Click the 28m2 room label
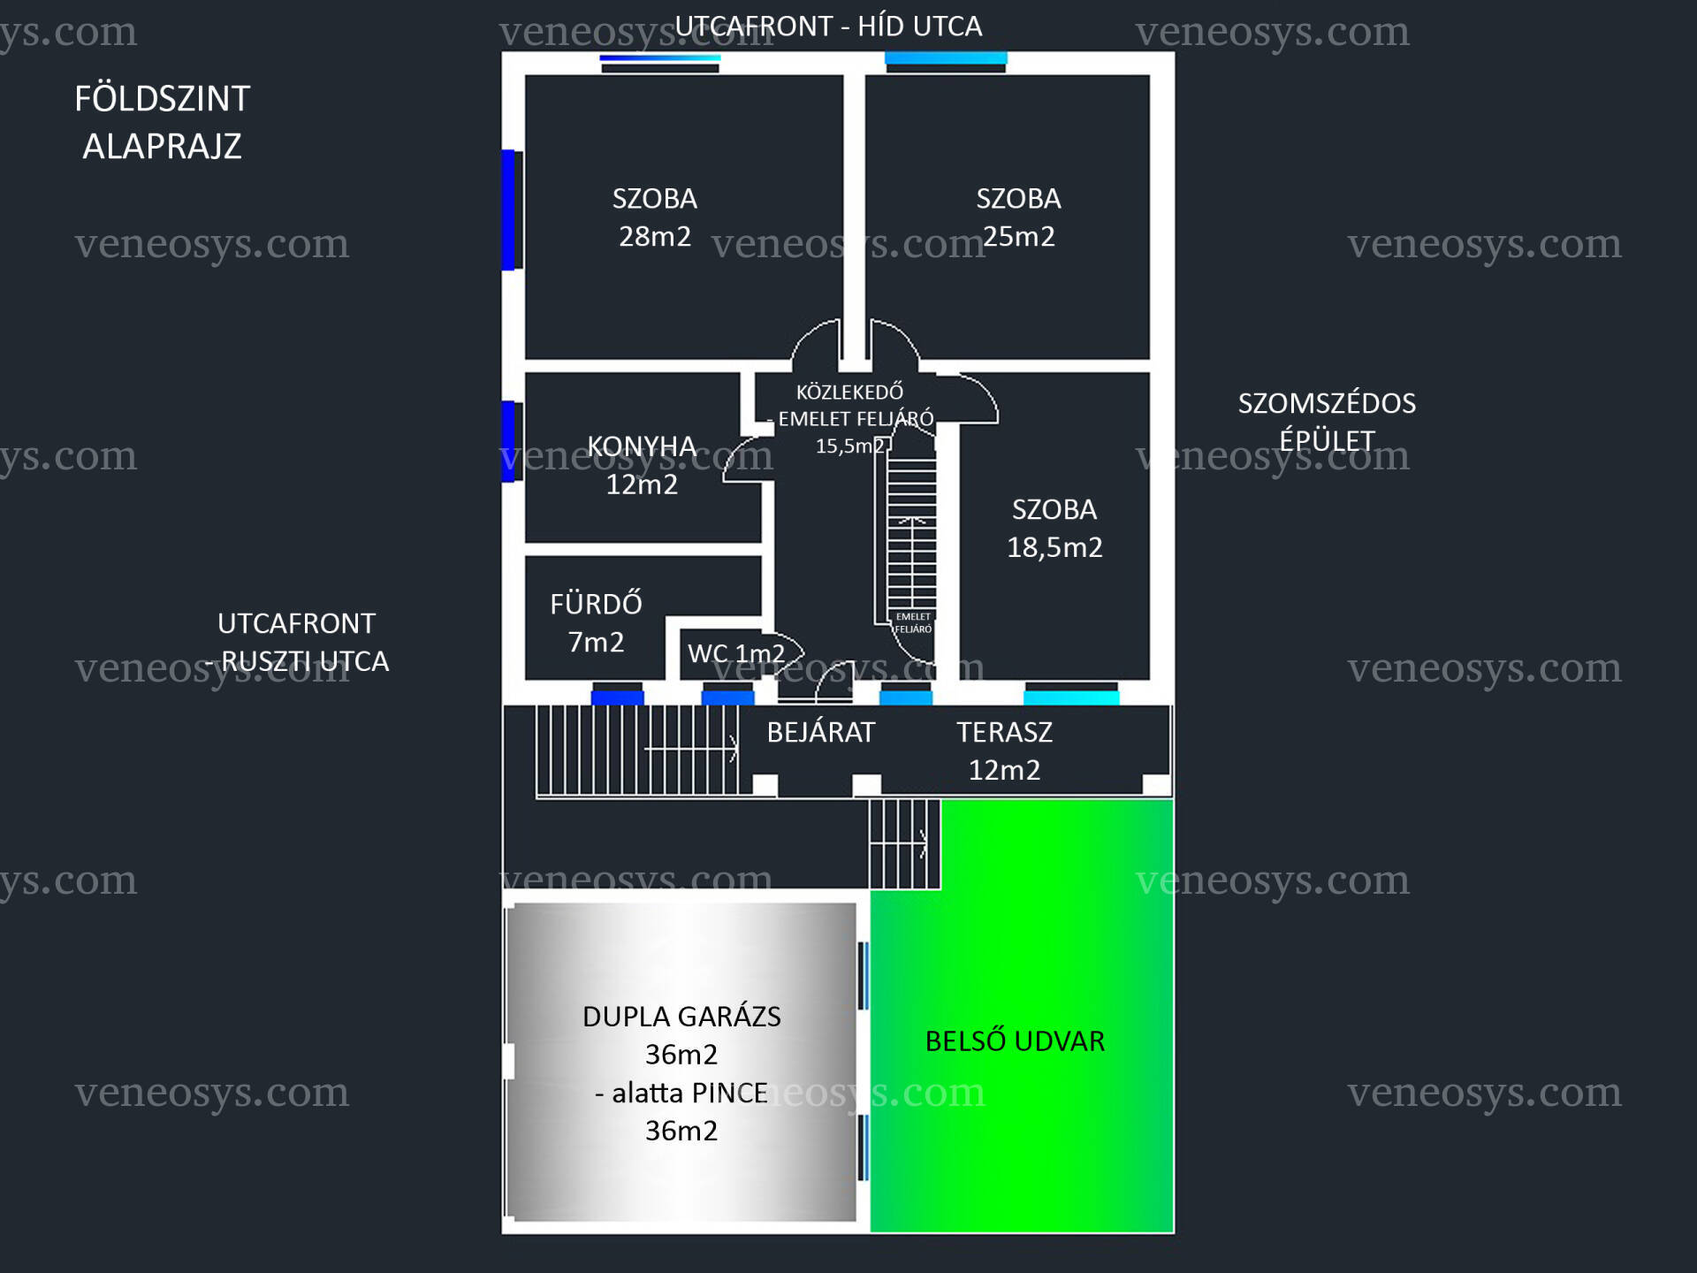click(x=655, y=236)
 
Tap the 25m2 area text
click(x=1019, y=236)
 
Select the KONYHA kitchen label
click(x=643, y=446)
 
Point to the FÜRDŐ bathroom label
click(x=596, y=603)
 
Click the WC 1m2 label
click(x=736, y=653)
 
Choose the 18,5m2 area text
click(x=1054, y=547)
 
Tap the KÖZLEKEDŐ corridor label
click(x=849, y=392)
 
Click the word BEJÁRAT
click(x=821, y=732)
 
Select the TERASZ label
click(x=1005, y=732)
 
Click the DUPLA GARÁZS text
click(x=681, y=1017)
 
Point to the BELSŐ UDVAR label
click(x=1015, y=1041)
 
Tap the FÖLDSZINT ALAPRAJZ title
click(x=163, y=122)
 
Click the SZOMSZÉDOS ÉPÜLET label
click(x=1327, y=422)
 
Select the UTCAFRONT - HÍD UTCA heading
click(x=828, y=27)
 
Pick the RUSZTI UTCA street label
click(x=305, y=661)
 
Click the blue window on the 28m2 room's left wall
click(x=508, y=210)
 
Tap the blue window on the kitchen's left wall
click(x=508, y=441)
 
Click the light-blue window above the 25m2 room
click(x=946, y=58)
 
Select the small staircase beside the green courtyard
click(x=904, y=844)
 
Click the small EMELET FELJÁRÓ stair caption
click(x=913, y=622)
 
